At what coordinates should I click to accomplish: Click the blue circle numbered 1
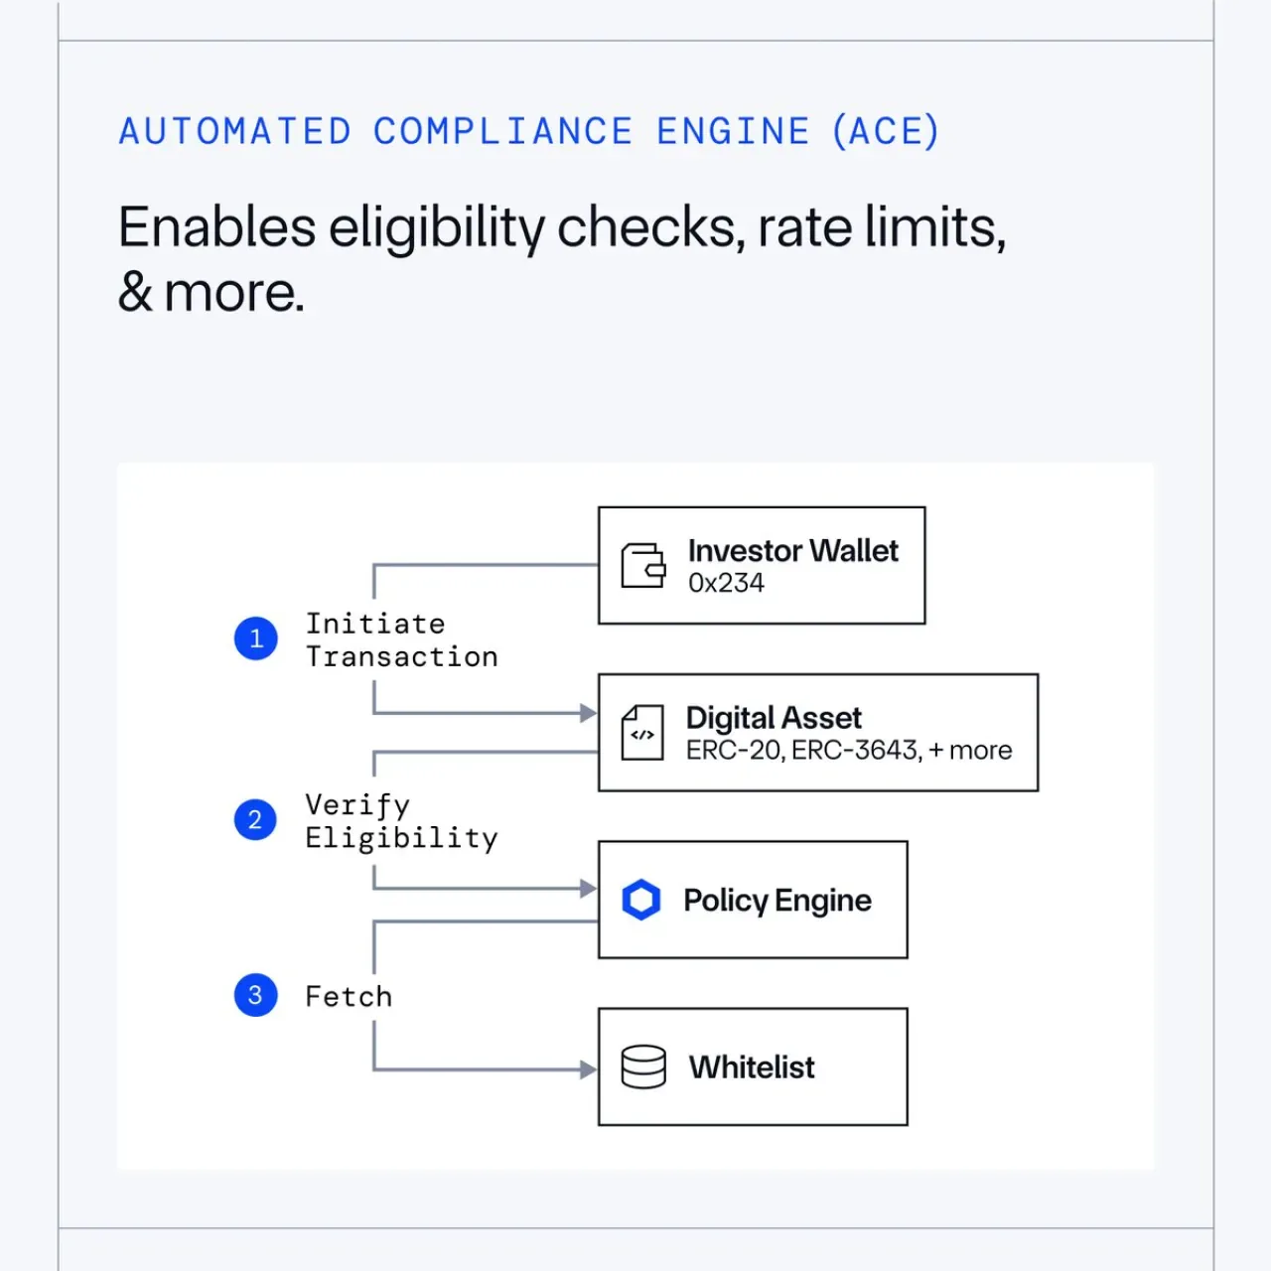click(x=256, y=638)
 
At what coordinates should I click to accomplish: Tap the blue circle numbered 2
click(x=255, y=820)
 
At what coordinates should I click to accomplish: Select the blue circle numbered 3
click(x=255, y=995)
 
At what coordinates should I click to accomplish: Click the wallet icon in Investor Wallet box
click(x=643, y=565)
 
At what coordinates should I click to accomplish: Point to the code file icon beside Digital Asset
click(x=641, y=733)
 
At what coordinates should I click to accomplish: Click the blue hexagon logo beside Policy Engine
click(x=641, y=900)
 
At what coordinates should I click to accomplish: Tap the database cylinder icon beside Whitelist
click(x=643, y=1066)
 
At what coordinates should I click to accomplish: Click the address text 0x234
click(x=726, y=583)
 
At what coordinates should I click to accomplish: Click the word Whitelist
click(x=752, y=1067)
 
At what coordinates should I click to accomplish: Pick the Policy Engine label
click(x=777, y=901)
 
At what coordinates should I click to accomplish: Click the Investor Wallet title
click(x=792, y=551)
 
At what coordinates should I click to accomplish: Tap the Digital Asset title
click(x=774, y=718)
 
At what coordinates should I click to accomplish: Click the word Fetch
click(x=349, y=997)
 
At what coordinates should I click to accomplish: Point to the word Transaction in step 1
click(x=402, y=657)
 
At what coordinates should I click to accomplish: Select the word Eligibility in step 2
click(x=401, y=838)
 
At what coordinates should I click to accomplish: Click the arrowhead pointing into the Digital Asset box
click(x=589, y=713)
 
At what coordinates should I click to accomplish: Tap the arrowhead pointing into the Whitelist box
click(x=589, y=1069)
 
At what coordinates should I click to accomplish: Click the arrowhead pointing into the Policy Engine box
click(x=589, y=889)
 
